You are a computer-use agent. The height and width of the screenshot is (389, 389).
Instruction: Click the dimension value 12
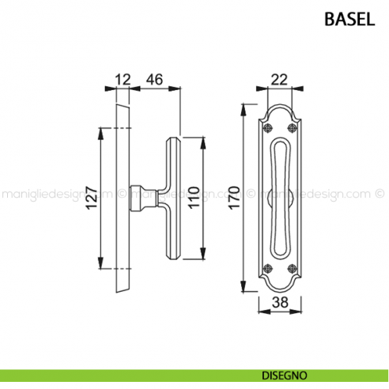pyautogui.click(x=121, y=79)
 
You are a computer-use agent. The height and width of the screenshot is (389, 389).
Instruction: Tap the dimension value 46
pyautogui.click(x=155, y=79)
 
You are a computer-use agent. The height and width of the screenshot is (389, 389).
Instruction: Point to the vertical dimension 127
pyautogui.click(x=90, y=197)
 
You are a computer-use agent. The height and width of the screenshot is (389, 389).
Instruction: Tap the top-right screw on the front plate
pyautogui.click(x=294, y=127)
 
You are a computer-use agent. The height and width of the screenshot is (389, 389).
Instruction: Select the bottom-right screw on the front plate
pyautogui.click(x=294, y=266)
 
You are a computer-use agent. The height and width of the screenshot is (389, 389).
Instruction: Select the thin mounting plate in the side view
pyautogui.click(x=121, y=197)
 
